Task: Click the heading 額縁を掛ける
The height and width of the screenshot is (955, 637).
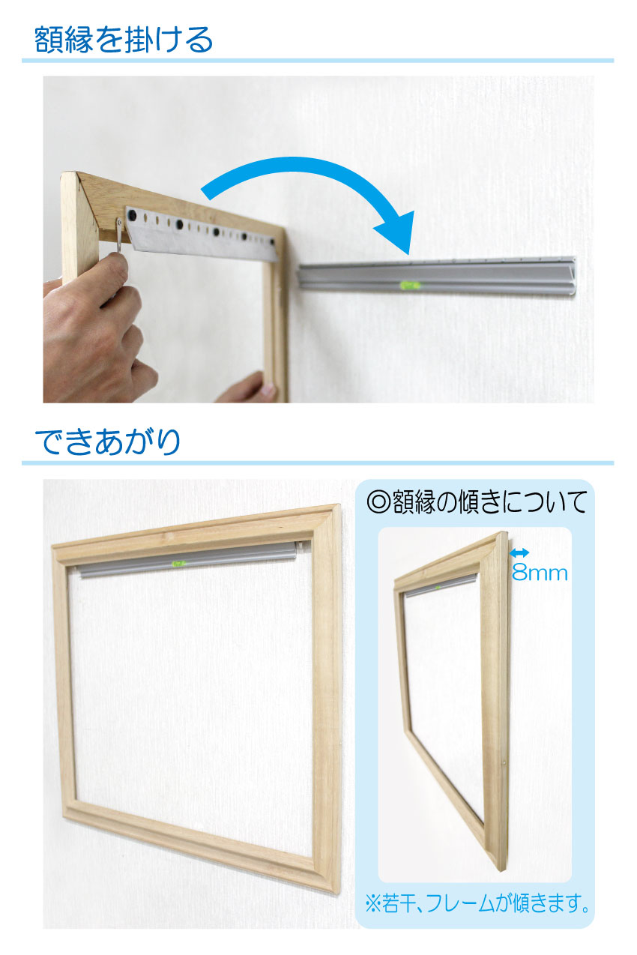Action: (x=124, y=40)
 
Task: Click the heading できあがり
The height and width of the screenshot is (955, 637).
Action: (x=107, y=442)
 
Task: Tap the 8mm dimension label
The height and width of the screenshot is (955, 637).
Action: (x=540, y=573)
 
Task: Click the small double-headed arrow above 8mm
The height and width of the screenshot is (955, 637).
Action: (x=519, y=553)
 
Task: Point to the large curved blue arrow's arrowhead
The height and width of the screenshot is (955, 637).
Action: (x=396, y=232)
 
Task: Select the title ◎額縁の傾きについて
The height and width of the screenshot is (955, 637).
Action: (x=477, y=502)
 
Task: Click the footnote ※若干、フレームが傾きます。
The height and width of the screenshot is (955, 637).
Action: (x=477, y=903)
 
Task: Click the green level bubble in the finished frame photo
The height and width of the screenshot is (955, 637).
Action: (x=177, y=564)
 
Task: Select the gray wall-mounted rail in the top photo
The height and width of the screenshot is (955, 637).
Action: (x=437, y=277)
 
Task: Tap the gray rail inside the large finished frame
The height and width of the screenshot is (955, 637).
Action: (x=187, y=561)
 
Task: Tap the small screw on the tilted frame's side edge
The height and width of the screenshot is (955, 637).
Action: (x=504, y=760)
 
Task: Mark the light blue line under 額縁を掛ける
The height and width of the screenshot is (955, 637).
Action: (x=318, y=61)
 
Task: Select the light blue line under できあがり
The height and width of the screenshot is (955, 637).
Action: (x=318, y=463)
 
